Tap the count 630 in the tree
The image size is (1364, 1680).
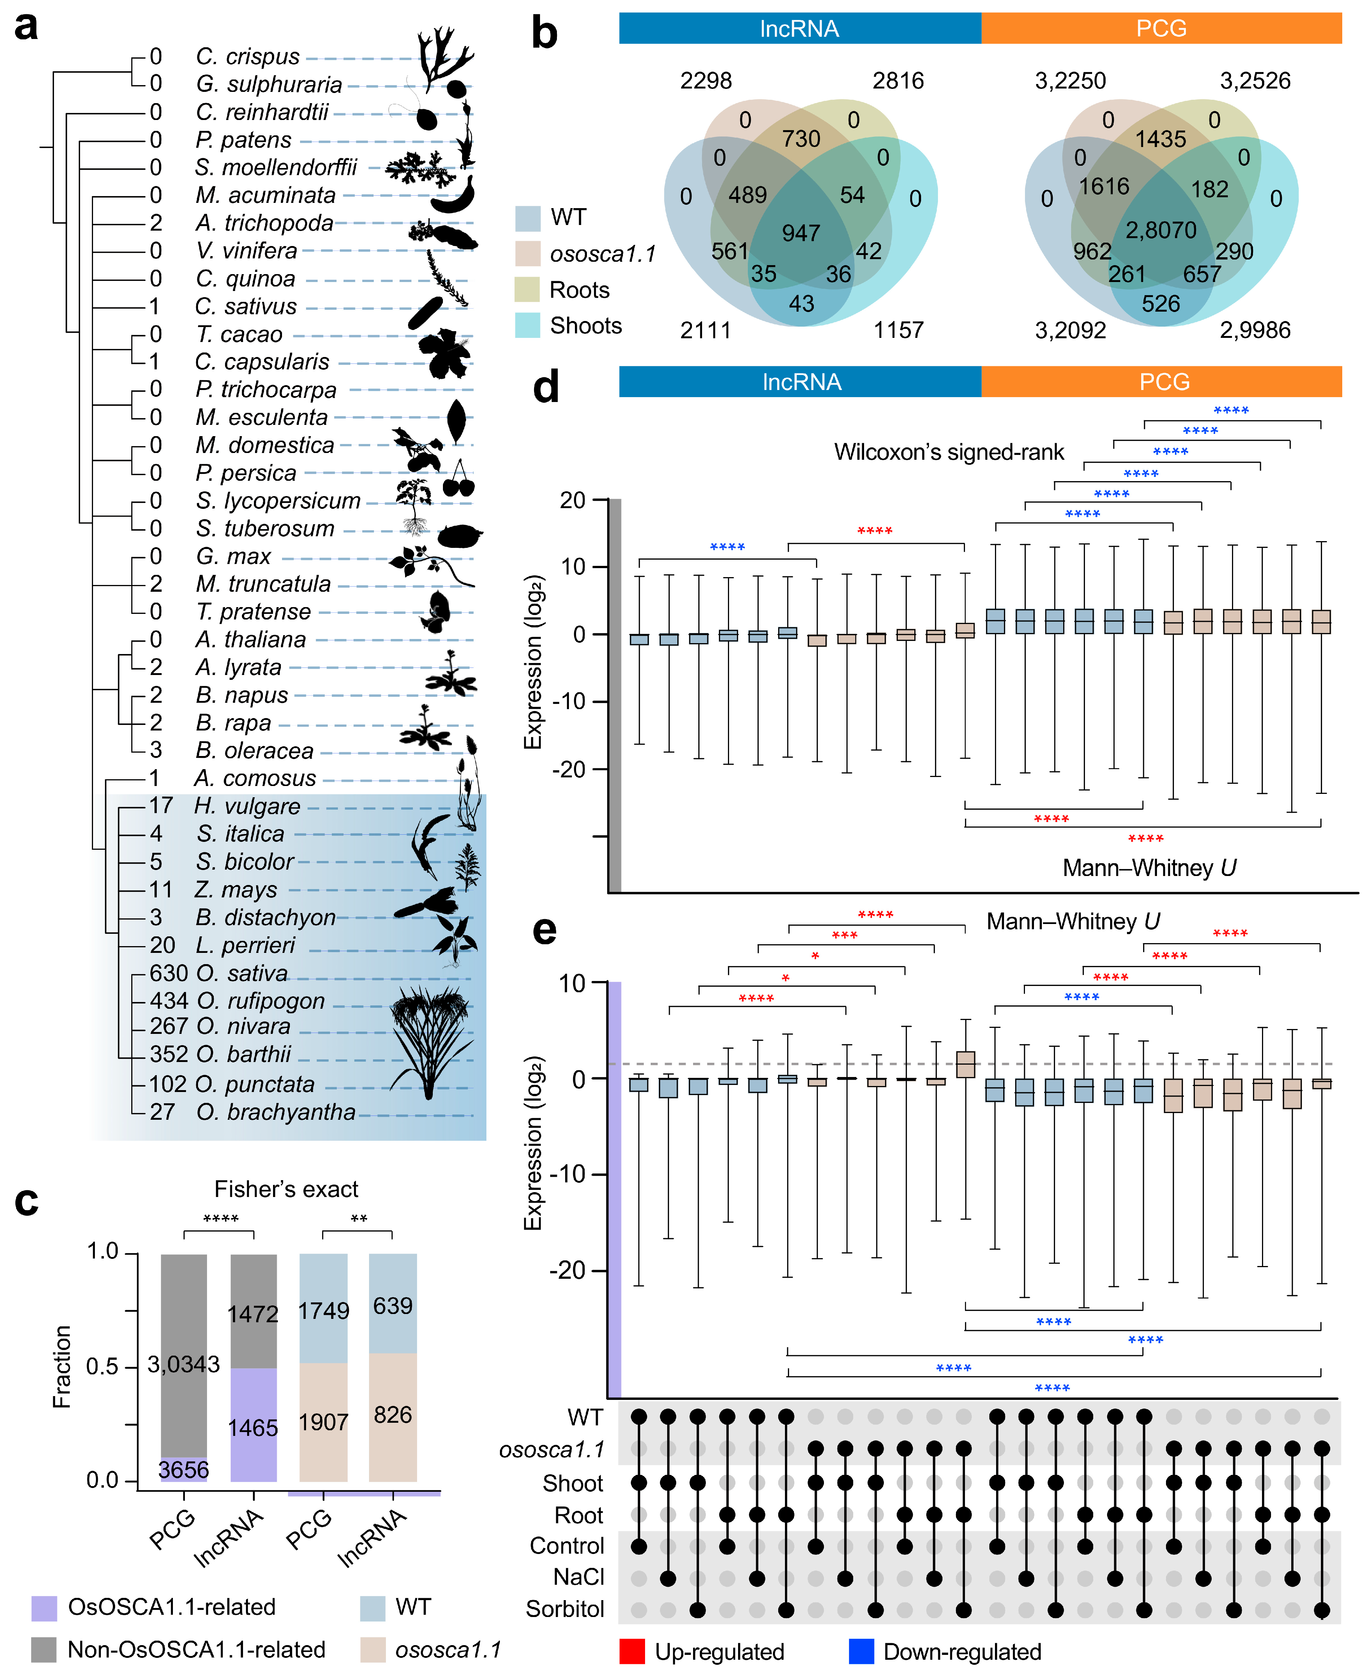coord(169,973)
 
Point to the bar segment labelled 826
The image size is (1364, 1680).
coord(393,1414)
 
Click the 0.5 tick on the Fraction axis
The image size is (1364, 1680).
coord(102,1366)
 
